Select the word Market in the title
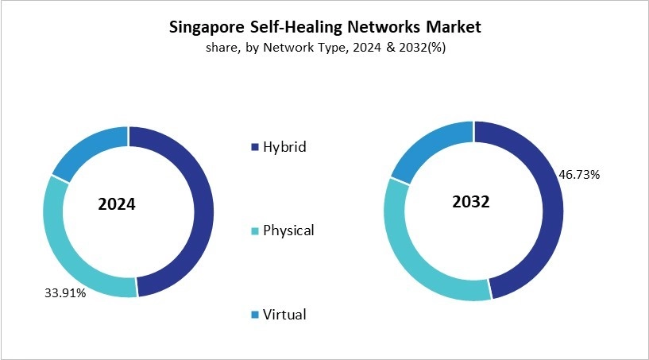pyautogui.click(x=450, y=27)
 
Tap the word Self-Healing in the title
pyautogui.click(x=296, y=27)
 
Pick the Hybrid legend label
pyautogui.click(x=284, y=147)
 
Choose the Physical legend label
pyautogui.click(x=288, y=230)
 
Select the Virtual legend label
pyautogui.click(x=284, y=315)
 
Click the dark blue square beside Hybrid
pyautogui.click(x=254, y=148)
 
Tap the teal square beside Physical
pyautogui.click(x=254, y=231)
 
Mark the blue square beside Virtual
pyautogui.click(x=254, y=315)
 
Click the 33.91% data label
pyautogui.click(x=64, y=292)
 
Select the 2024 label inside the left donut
pyautogui.click(x=117, y=204)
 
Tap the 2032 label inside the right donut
pyautogui.click(x=470, y=202)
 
